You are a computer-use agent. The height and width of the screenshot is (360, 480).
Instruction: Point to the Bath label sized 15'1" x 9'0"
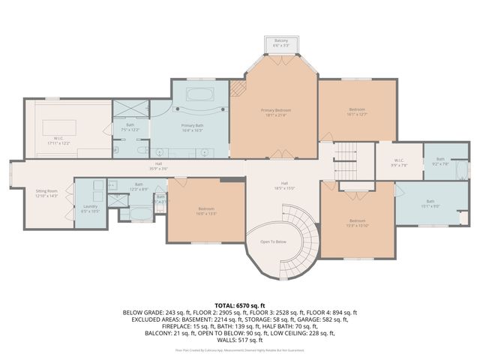[430, 202]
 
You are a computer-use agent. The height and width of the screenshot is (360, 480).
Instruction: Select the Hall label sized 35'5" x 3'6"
[159, 166]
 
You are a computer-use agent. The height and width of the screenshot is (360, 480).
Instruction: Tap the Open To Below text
[273, 241]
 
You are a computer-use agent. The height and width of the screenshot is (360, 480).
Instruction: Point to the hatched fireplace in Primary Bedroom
[237, 90]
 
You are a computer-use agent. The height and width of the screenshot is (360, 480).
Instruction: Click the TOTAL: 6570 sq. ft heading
[240, 304]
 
